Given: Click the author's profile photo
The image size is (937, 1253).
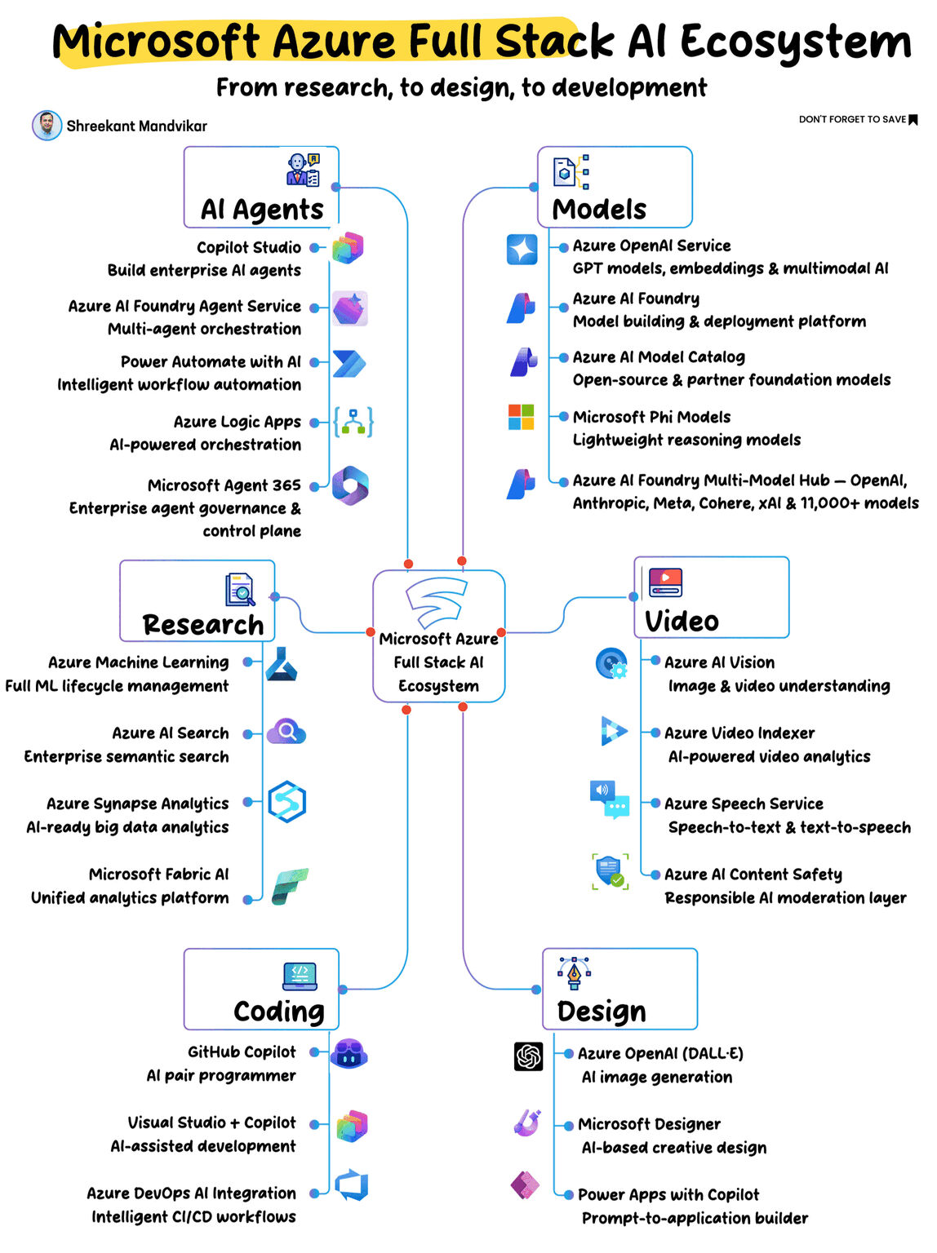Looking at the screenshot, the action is point(47,125).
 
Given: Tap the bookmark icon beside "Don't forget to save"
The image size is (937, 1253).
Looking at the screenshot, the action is point(913,119).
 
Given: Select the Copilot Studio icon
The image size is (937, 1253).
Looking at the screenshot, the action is point(348,248).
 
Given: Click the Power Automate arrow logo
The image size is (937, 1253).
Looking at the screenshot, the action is point(349,363).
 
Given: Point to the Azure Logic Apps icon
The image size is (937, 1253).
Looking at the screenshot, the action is point(353,422).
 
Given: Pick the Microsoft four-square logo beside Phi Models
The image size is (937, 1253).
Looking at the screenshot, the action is point(521,417).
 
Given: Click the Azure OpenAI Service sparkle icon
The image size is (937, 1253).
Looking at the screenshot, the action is point(522,250).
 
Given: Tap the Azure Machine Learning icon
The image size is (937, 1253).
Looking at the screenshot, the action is point(281,664).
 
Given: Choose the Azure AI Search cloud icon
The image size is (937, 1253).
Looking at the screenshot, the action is point(286,731).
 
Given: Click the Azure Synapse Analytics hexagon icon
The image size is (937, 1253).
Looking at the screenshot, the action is point(286,801).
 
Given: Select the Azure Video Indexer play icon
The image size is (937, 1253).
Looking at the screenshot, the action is point(614,730).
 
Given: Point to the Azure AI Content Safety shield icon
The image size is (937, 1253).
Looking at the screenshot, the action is point(610,871).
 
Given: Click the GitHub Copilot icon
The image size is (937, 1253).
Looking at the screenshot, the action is point(349,1053).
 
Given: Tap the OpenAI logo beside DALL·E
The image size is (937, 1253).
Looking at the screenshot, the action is point(528,1056).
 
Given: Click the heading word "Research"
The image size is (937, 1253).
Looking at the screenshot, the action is point(202,625).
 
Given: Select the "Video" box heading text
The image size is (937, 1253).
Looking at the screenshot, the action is point(682,621).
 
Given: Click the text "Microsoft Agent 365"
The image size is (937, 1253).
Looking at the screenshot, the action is point(224,485).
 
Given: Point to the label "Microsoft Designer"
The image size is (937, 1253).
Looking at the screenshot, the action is point(649,1124).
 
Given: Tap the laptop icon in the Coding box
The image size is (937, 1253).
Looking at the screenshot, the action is point(300,976).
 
